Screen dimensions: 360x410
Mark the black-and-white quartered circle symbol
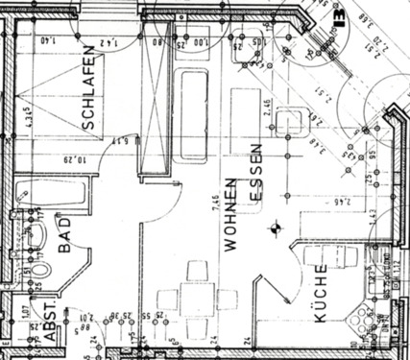point(276,228)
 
